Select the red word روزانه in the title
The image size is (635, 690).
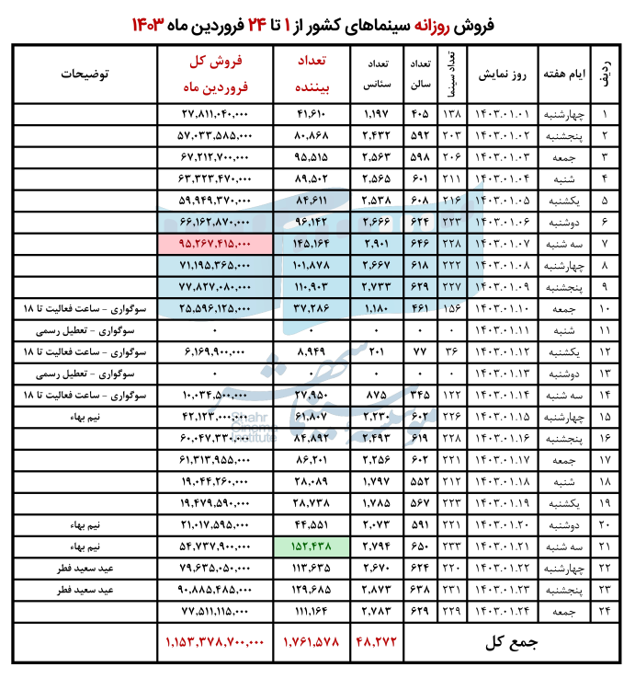click(x=446, y=23)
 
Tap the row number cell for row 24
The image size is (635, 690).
click(x=605, y=612)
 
